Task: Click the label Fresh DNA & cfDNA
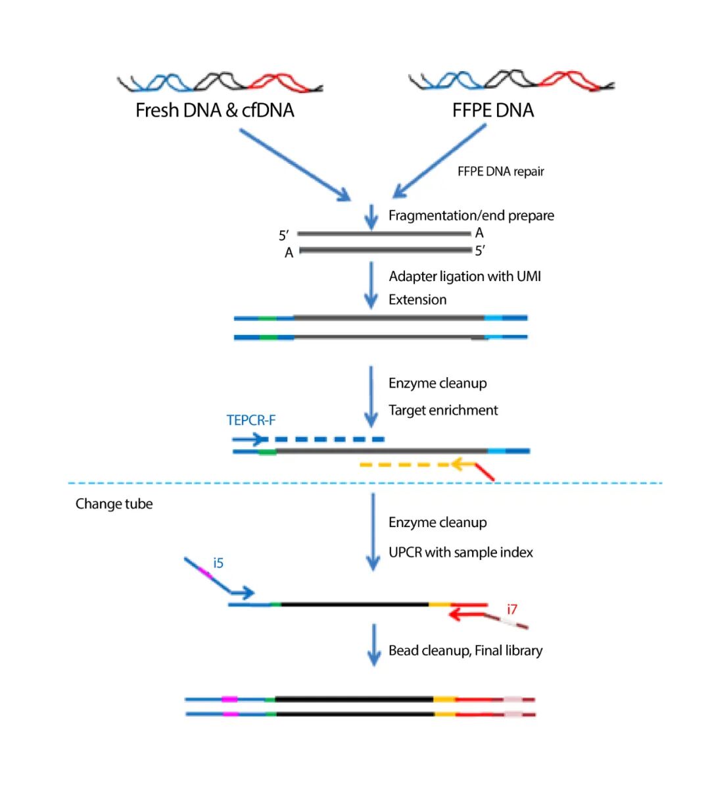(214, 110)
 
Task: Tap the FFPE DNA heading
(492, 110)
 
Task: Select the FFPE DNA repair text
(500, 171)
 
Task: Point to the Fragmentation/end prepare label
(471, 215)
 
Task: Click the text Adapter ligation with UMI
(465, 276)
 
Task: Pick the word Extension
(417, 300)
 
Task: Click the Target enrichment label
(443, 411)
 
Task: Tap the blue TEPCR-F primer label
(251, 420)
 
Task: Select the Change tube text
(114, 503)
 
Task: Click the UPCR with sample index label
(461, 553)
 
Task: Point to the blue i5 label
(218, 563)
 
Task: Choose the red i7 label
(512, 609)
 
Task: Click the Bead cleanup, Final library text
(465, 650)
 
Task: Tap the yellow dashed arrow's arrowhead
(460, 464)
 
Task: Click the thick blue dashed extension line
(325, 439)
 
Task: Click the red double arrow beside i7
(467, 611)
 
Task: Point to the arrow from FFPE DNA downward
(439, 161)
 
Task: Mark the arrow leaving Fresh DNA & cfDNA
(295, 165)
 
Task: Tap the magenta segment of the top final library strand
(229, 700)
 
